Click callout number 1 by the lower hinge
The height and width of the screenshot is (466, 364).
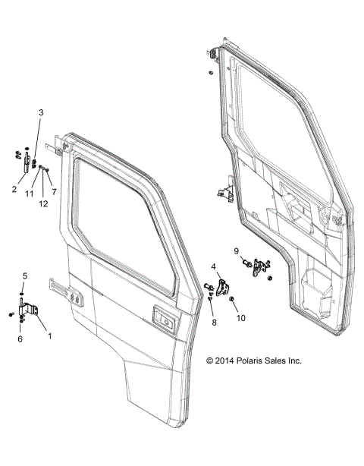click(x=51, y=334)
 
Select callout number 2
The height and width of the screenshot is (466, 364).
click(x=14, y=189)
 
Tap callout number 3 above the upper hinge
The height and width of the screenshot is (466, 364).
click(x=42, y=112)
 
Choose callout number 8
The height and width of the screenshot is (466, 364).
click(x=214, y=323)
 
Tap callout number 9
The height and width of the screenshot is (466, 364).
click(x=236, y=250)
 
